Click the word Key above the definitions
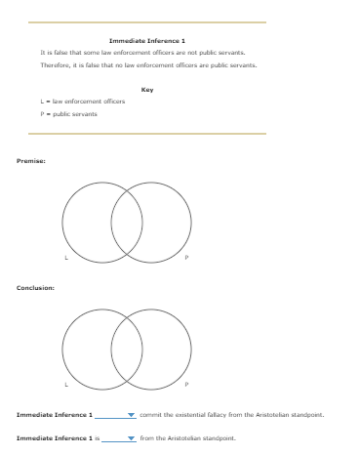coord(147,89)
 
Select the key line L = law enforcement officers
coord(83,102)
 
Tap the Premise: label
coord(31,159)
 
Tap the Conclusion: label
coord(35,287)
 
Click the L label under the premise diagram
coord(66,258)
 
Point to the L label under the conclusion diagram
coord(66,385)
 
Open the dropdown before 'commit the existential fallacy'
coord(115,415)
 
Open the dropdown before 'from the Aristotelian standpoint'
coord(118,438)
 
